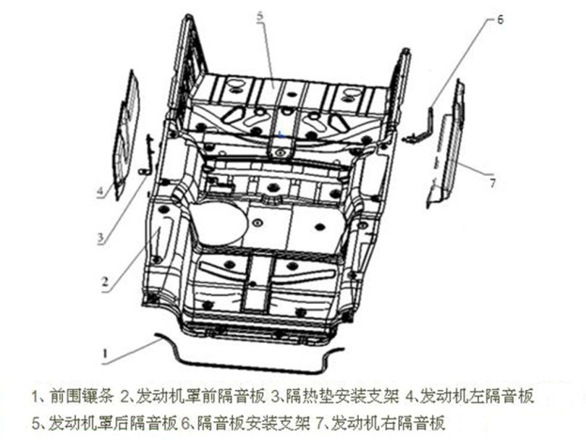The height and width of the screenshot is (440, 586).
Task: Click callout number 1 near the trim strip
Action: tap(105, 354)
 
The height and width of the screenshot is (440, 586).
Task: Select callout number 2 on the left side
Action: tap(105, 281)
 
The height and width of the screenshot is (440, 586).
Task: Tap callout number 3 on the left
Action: tap(100, 237)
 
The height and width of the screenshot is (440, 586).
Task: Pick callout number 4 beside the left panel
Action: tap(100, 192)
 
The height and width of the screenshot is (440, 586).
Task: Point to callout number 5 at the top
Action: tap(260, 17)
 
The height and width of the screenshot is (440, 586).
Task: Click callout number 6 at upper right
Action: tap(500, 20)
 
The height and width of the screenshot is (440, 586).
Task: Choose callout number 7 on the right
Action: tap(493, 183)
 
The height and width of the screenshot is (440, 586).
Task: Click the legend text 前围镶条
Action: tap(81, 396)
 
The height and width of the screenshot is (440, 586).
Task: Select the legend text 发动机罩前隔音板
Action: tap(200, 396)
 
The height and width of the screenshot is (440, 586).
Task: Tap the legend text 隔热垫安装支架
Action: tap(343, 396)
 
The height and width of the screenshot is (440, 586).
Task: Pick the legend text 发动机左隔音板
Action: tap(476, 396)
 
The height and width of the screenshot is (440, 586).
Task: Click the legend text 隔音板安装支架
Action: tap(254, 423)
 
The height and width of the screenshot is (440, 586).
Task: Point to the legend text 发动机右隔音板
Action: tap(389, 423)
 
